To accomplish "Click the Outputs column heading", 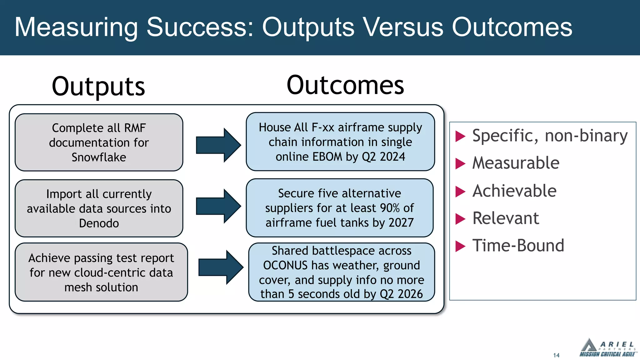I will click(98, 87).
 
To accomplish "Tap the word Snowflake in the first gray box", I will click(99, 157).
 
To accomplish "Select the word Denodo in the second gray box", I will click(99, 223).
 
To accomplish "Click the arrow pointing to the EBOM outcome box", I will click(218, 145).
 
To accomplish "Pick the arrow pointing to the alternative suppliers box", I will click(218, 206).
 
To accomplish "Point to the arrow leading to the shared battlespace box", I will click(221, 267).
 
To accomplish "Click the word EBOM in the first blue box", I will click(327, 157).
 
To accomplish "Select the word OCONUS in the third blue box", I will click(285, 265).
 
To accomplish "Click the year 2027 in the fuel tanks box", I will click(401, 222).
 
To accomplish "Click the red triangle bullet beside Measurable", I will click(460, 163).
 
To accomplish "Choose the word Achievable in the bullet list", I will click(514, 191).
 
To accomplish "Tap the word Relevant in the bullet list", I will click(506, 218).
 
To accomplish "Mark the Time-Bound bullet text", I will click(518, 246).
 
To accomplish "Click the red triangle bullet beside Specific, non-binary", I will click(460, 136).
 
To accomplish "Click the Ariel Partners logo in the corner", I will click(607, 347).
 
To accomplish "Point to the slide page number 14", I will click(556, 355).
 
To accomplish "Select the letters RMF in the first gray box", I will click(135, 128).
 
